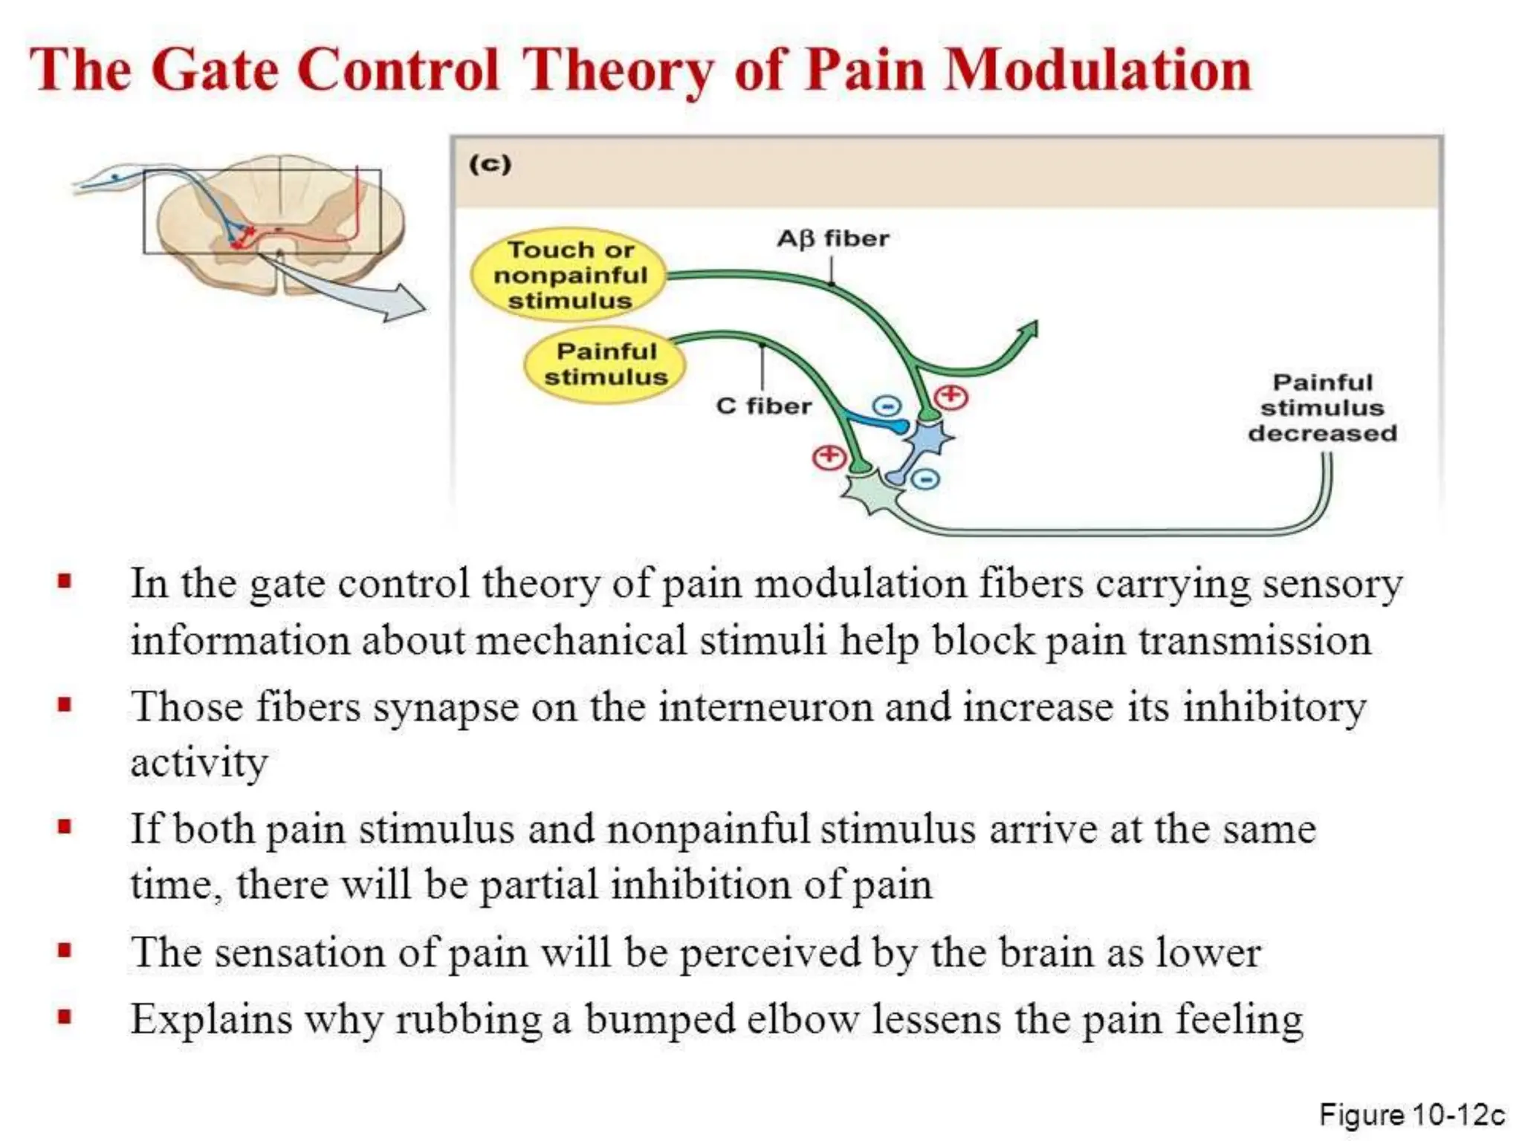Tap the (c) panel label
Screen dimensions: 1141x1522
click(490, 163)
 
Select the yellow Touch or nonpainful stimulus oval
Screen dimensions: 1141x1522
click(569, 275)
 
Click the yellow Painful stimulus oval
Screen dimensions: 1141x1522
click(605, 364)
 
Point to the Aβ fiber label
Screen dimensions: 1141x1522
click(832, 238)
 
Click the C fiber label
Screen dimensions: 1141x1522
click(763, 406)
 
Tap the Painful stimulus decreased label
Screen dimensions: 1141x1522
click(1322, 408)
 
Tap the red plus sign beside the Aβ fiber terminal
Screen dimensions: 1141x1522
click(951, 397)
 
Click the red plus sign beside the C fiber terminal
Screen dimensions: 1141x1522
click(829, 457)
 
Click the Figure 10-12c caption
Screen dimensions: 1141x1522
click(1411, 1115)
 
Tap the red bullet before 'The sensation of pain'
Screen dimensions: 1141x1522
click(65, 950)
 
